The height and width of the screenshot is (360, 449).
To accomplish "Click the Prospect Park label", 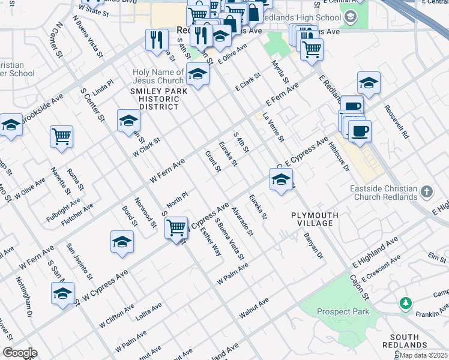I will (343, 311).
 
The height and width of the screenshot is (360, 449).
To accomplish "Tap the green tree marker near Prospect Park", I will (406, 302).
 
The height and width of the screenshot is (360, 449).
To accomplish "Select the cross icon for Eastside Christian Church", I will (426, 193).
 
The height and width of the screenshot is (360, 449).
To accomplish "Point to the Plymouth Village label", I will (315, 219).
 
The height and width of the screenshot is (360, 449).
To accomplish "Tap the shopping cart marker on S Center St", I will (176, 227).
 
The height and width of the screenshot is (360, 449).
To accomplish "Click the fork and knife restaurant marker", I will (157, 40).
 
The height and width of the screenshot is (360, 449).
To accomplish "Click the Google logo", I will (19, 353).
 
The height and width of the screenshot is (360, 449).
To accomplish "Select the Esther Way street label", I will (211, 241).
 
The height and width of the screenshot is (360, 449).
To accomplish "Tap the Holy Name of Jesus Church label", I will (158, 77).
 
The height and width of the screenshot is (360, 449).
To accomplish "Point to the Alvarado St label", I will (244, 223).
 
